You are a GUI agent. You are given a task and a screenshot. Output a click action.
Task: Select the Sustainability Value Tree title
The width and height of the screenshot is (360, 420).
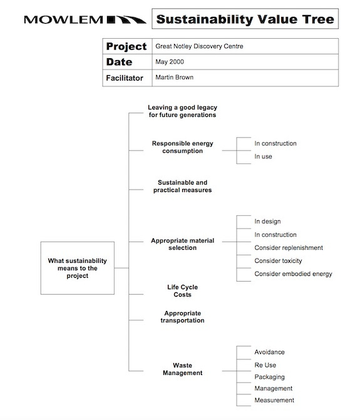pyautogui.click(x=245, y=19)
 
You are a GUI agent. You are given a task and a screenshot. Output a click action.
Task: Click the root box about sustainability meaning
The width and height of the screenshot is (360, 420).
pyautogui.click(x=78, y=268)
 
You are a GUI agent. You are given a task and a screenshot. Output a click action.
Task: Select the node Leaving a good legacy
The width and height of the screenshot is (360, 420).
pyautogui.click(x=182, y=111)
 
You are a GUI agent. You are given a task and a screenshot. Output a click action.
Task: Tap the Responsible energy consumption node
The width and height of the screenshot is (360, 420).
pyautogui.click(x=182, y=147)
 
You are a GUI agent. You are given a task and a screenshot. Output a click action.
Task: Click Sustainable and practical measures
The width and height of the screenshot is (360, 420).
pyautogui.click(x=182, y=186)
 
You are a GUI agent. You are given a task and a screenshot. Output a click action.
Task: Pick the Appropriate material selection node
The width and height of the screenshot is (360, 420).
pyautogui.click(x=182, y=243)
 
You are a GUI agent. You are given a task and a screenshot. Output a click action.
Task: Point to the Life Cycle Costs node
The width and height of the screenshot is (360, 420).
pyautogui.click(x=182, y=290)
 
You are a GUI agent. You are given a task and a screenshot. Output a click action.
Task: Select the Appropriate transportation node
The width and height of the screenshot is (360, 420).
pyautogui.click(x=182, y=317)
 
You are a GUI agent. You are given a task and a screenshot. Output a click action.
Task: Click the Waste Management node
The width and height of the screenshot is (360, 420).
pyautogui.click(x=182, y=369)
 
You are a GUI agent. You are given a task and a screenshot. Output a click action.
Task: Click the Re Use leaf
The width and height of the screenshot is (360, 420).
pyautogui.click(x=265, y=365)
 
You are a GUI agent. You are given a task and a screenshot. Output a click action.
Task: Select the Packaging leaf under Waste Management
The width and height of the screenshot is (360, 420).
pyautogui.click(x=269, y=377)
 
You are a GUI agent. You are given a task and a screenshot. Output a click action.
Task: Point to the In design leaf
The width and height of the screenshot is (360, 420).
pyautogui.click(x=267, y=222)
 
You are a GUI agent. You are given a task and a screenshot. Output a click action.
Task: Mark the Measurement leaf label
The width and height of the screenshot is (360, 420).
pyautogui.click(x=274, y=401)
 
